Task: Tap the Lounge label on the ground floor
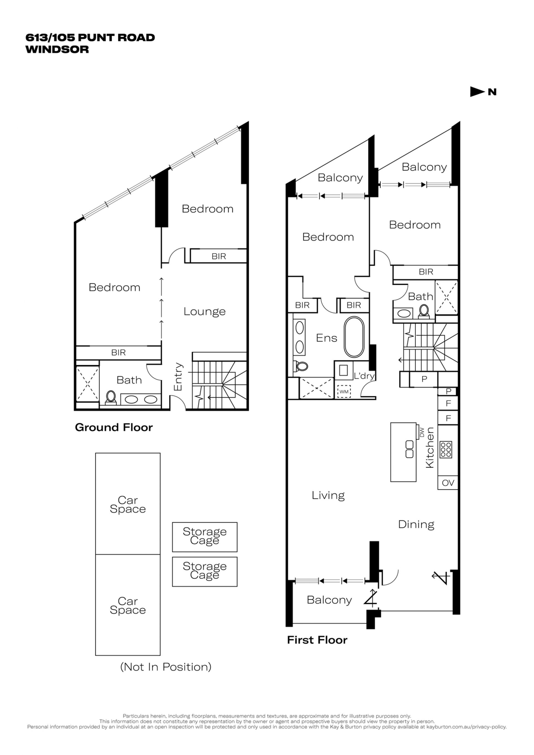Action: point(204,312)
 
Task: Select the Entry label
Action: point(178,377)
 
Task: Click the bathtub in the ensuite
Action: point(354,337)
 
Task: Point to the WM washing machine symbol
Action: point(344,392)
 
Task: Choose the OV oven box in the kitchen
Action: point(448,483)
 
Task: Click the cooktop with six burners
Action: point(446,449)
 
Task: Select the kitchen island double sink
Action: point(409,449)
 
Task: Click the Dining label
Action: point(416,524)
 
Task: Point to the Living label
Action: point(328,496)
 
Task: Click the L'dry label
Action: point(364,376)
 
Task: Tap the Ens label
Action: point(327,338)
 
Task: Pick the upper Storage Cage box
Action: point(204,537)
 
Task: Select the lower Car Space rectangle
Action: point(128,605)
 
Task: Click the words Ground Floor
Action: point(114,427)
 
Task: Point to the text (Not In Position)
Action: point(166,667)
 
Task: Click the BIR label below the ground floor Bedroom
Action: point(118,353)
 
